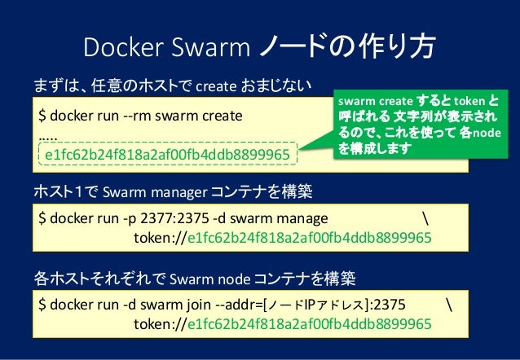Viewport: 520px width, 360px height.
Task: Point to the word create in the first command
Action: (x=221, y=115)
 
